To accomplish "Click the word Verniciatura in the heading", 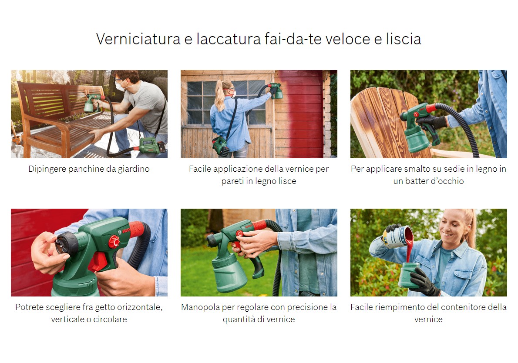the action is (138, 39).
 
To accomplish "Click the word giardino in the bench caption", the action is (134, 169).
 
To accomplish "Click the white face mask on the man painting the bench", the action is (120, 87).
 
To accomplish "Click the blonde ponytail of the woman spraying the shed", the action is (220, 96).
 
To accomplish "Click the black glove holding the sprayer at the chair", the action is (431, 122).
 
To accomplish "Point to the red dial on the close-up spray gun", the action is (114, 242).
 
